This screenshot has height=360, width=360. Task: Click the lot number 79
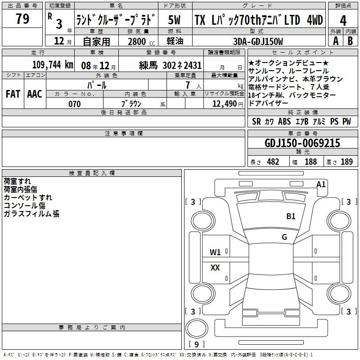click(x=22, y=18)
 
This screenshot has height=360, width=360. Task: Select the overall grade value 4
click(x=343, y=21)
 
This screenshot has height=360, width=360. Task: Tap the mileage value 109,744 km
click(x=53, y=65)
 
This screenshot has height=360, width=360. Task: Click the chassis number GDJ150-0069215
click(x=302, y=143)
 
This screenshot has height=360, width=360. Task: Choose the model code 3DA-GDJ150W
click(x=258, y=41)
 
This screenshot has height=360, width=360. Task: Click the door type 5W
click(x=174, y=20)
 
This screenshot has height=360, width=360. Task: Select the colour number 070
click(x=75, y=104)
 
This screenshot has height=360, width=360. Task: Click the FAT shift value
click(x=13, y=94)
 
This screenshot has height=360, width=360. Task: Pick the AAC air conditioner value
click(x=35, y=94)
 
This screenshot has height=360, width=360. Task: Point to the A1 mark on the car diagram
click(x=321, y=184)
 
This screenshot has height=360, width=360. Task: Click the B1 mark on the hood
click(x=291, y=216)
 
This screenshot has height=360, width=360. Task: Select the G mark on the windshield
click(x=284, y=237)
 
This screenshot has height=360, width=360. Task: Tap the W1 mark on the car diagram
click(x=215, y=252)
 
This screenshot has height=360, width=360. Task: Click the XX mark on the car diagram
click(x=215, y=267)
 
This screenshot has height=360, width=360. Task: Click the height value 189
click(x=346, y=162)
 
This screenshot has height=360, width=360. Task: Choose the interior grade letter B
click(x=350, y=41)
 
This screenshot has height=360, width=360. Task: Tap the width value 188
click(x=310, y=162)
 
